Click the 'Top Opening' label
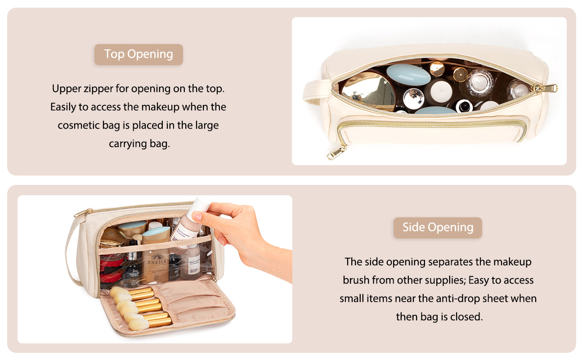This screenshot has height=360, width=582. (x=139, y=54)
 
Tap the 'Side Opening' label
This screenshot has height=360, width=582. (x=438, y=227)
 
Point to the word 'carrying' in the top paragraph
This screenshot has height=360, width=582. (x=128, y=144)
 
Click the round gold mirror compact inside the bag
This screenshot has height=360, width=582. (x=368, y=91)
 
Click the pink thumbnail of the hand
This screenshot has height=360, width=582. (x=197, y=216)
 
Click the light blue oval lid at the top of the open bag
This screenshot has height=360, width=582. (x=408, y=75)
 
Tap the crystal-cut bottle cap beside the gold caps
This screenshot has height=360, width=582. (x=479, y=83)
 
